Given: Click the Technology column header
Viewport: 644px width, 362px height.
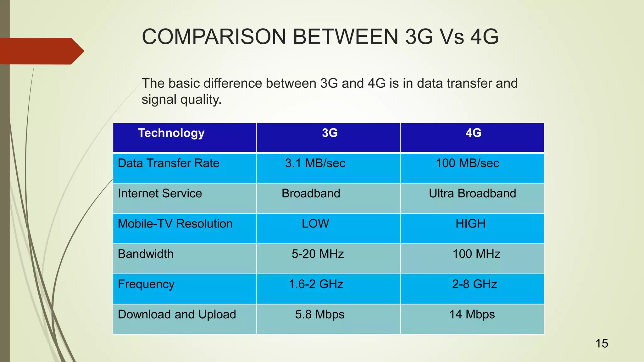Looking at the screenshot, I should (x=171, y=133).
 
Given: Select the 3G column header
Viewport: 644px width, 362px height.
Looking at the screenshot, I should (x=330, y=133).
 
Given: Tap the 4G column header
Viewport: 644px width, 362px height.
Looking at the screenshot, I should (x=473, y=133).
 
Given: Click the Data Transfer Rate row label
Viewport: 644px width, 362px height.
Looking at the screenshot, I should (x=169, y=163).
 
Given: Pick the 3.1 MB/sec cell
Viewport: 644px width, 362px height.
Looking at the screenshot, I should (x=315, y=163).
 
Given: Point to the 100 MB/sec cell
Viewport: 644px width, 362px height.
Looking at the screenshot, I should (x=467, y=163).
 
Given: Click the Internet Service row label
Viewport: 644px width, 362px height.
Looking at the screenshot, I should (x=160, y=194).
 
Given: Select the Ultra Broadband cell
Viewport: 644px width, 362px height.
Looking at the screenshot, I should (x=472, y=194).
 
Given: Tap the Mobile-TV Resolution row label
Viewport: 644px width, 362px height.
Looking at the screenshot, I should (x=175, y=224).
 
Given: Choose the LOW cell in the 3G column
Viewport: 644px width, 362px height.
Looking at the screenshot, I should (x=315, y=224).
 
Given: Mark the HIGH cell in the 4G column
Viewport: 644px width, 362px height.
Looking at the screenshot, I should (x=470, y=224).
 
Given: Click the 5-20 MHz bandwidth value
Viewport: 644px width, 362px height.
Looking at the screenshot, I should (x=318, y=254).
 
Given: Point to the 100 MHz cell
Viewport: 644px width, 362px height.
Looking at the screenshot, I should (x=476, y=254).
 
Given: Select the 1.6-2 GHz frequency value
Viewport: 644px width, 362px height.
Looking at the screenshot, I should (x=316, y=284).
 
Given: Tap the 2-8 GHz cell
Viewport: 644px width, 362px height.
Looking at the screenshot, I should (x=475, y=284).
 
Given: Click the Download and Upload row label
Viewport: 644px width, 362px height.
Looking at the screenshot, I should (x=177, y=315).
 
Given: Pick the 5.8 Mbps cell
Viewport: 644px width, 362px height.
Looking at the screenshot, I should (x=319, y=315).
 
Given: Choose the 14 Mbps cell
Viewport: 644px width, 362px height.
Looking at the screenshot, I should (x=472, y=315).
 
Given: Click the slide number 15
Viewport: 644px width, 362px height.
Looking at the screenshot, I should (x=602, y=343).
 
